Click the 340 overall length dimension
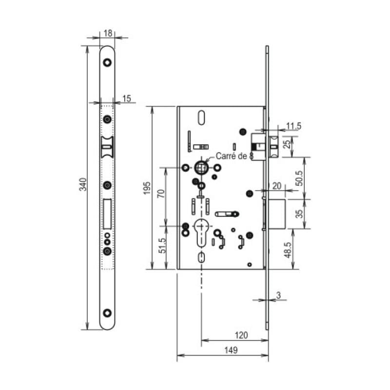tap(83, 184)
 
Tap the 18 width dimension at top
tap(108, 33)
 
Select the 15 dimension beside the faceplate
tap(127, 98)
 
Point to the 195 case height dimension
tap(147, 188)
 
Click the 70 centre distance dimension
tap(161, 194)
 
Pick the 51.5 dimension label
tap(162, 246)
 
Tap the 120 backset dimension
tap(241, 335)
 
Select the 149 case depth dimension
tap(231, 350)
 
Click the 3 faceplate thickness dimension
tap(278, 295)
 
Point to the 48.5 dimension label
tap(287, 250)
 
